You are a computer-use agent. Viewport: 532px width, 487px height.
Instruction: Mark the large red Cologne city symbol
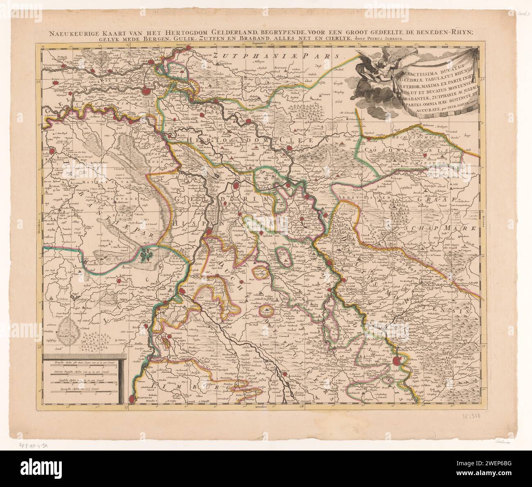(x=397, y=362)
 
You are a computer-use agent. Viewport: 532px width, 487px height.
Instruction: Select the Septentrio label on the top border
(x=262, y=42)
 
